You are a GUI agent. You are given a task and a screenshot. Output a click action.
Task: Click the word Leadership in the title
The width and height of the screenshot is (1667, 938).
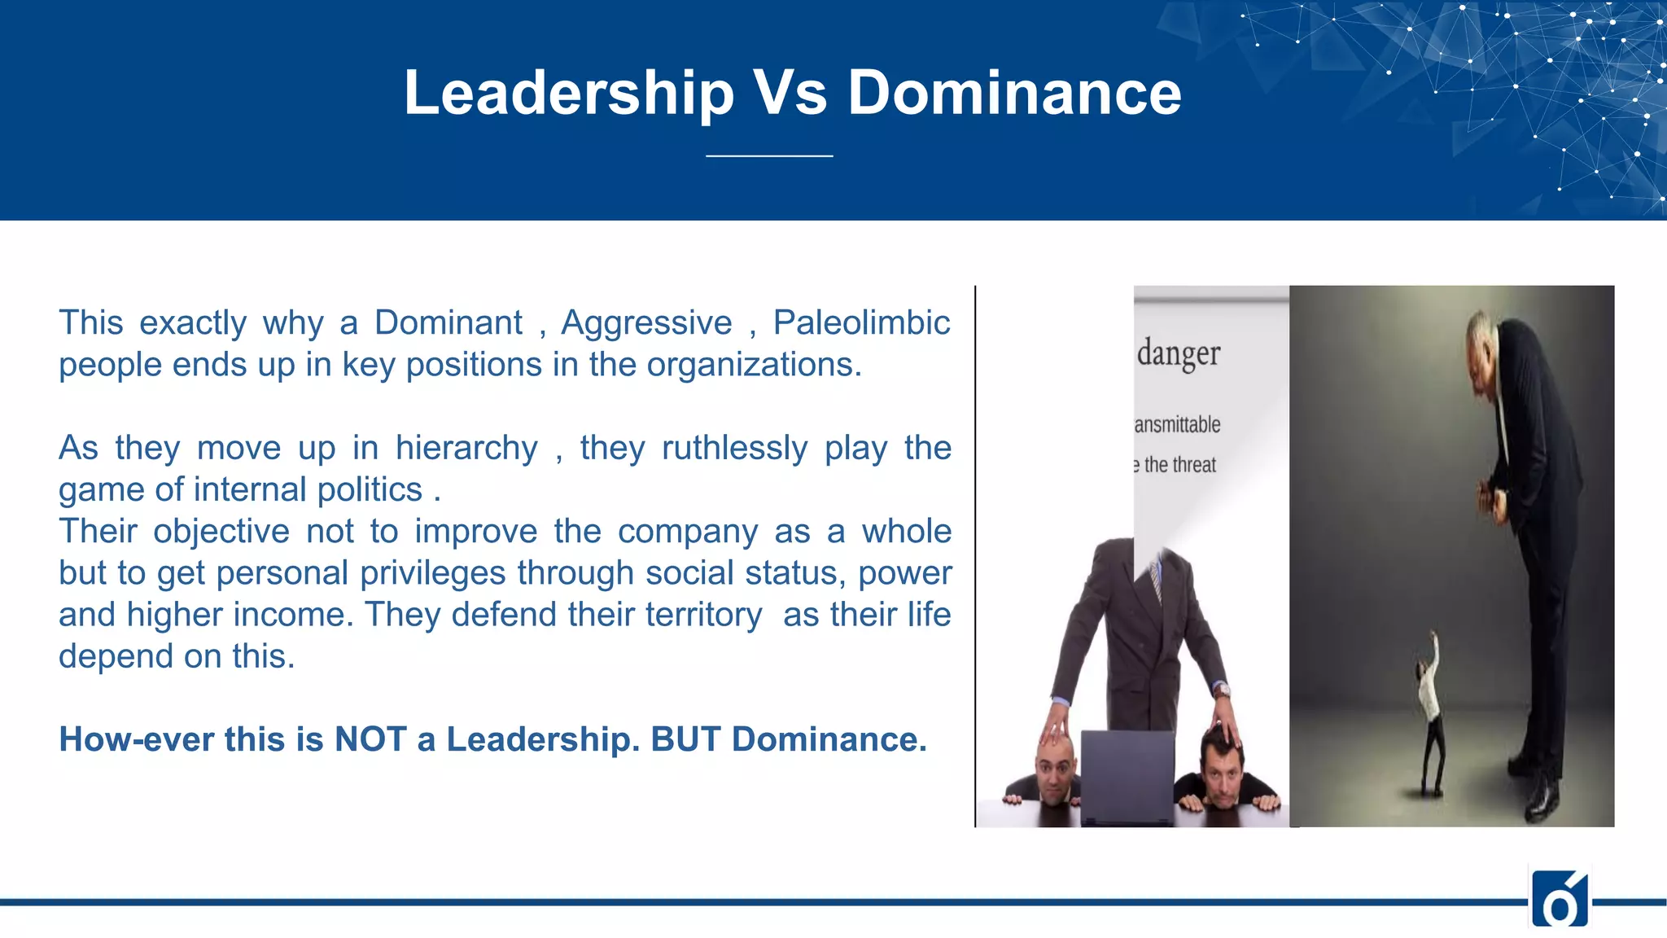tap(569, 94)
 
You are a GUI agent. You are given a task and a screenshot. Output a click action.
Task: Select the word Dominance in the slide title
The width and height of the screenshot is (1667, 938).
tap(1014, 94)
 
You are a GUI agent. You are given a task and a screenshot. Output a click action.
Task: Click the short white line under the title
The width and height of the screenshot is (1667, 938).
tap(769, 156)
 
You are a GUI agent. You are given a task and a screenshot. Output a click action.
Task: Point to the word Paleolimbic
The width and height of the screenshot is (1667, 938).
tap(861, 323)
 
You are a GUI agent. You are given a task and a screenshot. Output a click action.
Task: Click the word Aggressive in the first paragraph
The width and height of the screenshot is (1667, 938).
tap(646, 323)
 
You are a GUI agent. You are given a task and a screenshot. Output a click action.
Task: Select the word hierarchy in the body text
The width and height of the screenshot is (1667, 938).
tap(466, 449)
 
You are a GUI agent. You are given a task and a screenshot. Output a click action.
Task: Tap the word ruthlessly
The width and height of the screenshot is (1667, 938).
tap(734, 449)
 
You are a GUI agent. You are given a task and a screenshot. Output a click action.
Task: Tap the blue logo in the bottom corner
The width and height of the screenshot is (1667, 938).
tap(1560, 898)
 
